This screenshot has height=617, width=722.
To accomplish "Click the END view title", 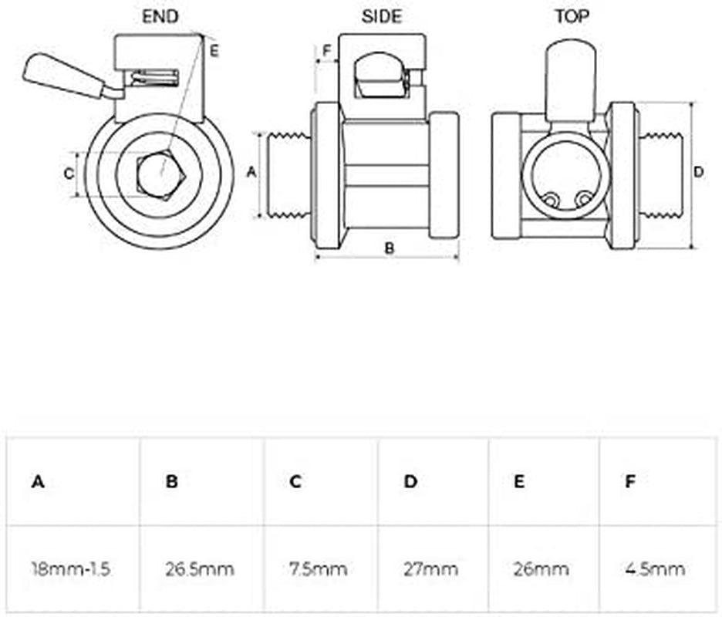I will click(160, 16).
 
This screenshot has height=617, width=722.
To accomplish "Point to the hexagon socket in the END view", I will click(160, 174).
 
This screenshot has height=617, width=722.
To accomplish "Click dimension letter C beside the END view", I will click(68, 174).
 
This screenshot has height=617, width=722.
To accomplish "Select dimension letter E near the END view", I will click(214, 52).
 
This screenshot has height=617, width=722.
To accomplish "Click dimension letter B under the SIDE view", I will click(390, 248).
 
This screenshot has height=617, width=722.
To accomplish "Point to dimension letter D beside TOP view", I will click(699, 172).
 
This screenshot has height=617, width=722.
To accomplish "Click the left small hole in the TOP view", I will click(550, 200).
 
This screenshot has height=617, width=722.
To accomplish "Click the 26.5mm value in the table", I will click(200, 570).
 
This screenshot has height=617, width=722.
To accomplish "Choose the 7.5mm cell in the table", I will click(319, 570).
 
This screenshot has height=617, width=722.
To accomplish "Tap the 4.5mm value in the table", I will click(655, 570).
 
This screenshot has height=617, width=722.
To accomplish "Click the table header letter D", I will click(410, 482).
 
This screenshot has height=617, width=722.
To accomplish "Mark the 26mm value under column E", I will click(541, 570).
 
